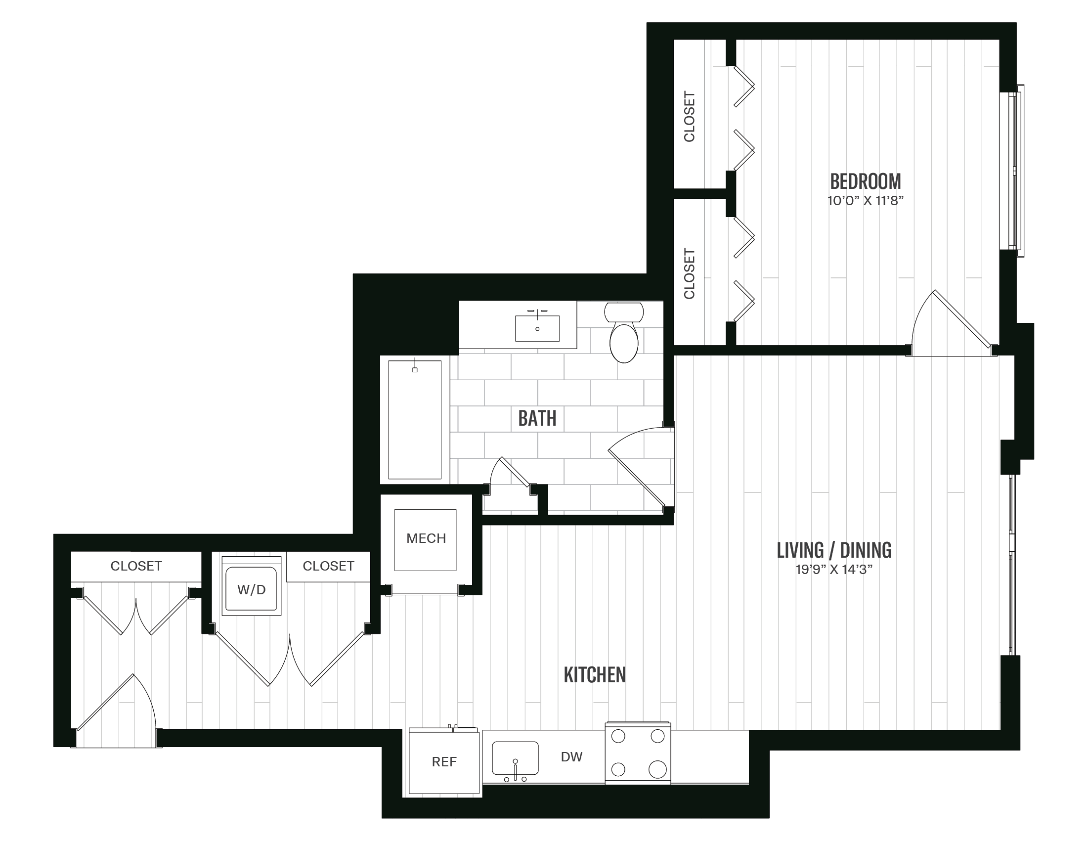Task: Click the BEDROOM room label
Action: [866, 181]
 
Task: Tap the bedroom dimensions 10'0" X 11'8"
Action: [866, 201]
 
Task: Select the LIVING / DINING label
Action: [834, 550]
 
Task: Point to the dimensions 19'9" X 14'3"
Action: [834, 570]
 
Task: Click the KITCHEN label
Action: [594, 674]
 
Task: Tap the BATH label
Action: [537, 418]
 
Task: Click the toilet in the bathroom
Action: [624, 334]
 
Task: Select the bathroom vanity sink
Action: [537, 328]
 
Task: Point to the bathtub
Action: [414, 419]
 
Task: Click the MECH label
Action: [426, 538]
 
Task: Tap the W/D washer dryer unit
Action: [251, 589]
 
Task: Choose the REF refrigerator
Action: [444, 762]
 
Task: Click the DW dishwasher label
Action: [571, 757]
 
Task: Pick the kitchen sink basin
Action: [515, 758]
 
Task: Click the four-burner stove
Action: [638, 752]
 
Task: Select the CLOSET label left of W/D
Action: [136, 566]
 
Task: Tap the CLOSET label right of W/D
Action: [328, 566]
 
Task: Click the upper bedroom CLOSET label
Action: [689, 116]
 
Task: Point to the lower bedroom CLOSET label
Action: [689, 273]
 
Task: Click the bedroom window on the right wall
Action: [1014, 171]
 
